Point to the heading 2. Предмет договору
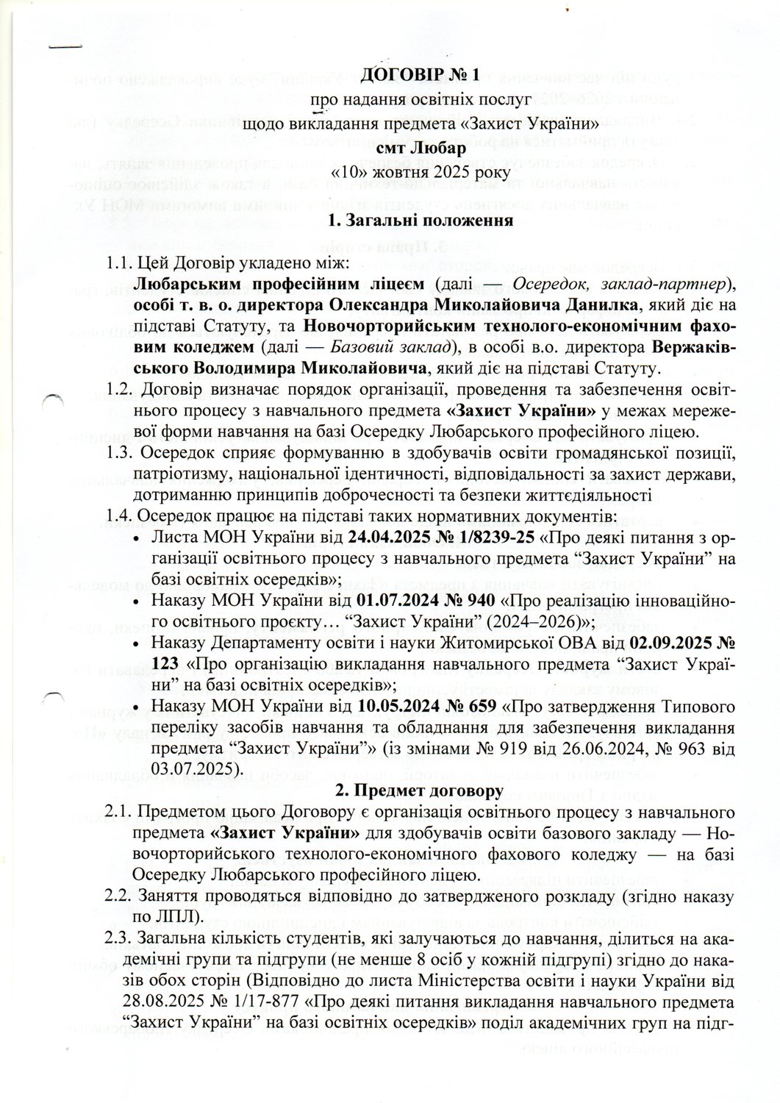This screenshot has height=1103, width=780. [x=419, y=791]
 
